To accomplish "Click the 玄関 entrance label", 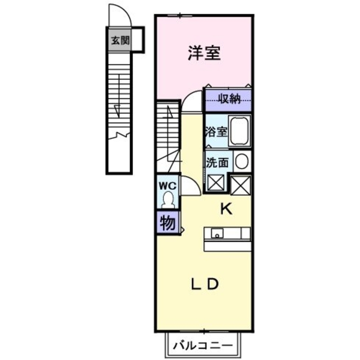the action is tap(120, 40).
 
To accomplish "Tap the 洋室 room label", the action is tap(204, 53).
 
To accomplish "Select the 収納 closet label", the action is tap(229, 99).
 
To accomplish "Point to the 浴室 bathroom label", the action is tap(216, 131).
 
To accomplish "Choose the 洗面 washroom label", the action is tap(217, 163).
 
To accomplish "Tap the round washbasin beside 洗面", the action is tap(242, 161).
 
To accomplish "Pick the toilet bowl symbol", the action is tap(168, 200).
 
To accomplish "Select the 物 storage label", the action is tap(168, 223).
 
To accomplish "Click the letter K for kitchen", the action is tap(226, 209).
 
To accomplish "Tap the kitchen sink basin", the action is tap(217, 233).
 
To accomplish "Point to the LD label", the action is tap(204, 284).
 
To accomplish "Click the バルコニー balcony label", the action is tap(203, 346).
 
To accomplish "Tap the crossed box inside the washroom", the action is tap(216, 183).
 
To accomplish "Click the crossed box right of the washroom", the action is tap(240, 185).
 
